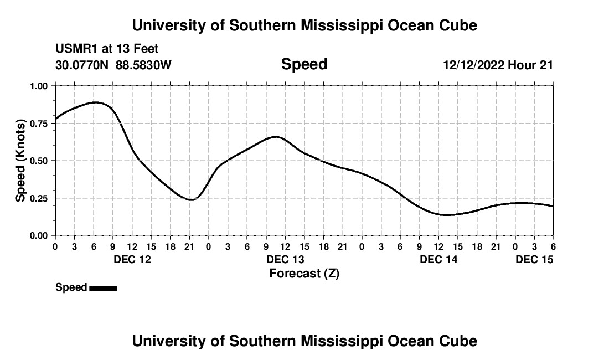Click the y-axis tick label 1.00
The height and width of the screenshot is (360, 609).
[x=39, y=86]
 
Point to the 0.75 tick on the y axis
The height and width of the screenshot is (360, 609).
[x=39, y=124]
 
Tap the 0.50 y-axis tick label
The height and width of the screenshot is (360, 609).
[x=39, y=161]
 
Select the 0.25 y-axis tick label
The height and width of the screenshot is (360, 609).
[x=39, y=198]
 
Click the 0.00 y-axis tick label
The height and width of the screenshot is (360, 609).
[x=39, y=235]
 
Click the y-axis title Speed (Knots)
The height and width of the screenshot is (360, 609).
[x=20, y=161]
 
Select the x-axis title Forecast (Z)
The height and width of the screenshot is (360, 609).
[x=304, y=273]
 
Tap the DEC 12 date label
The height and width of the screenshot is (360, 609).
[x=132, y=259]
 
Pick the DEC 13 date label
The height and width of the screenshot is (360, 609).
[x=285, y=259]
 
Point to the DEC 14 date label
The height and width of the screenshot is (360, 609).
[x=438, y=259]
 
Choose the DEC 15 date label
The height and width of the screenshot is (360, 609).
[x=534, y=259]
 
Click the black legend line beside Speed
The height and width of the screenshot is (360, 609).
[x=104, y=288]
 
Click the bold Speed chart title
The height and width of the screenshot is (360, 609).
[x=304, y=64]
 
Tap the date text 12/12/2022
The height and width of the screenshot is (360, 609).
[x=473, y=65]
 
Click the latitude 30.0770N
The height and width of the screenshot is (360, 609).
[x=82, y=65]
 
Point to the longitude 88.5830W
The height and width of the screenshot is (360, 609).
[x=144, y=65]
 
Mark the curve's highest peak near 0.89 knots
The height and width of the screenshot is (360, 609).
[x=95, y=102]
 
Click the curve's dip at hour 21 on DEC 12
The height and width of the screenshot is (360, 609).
[x=191, y=199]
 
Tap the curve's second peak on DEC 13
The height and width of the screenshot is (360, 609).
[x=276, y=136]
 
